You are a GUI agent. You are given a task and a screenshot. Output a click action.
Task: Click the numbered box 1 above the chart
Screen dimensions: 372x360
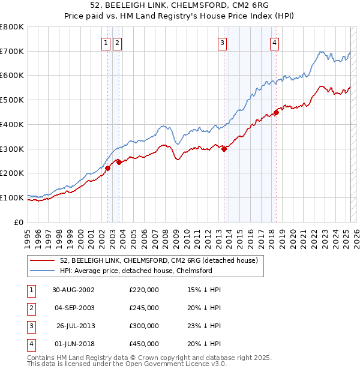[106, 43]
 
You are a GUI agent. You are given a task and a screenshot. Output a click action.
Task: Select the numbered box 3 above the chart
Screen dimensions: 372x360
[222, 43]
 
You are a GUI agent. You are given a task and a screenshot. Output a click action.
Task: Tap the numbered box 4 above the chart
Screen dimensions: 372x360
[274, 43]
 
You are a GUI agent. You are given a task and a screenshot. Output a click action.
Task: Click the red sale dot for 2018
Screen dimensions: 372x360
[277, 112]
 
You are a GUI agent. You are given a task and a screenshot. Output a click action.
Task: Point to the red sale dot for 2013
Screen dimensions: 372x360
[224, 149]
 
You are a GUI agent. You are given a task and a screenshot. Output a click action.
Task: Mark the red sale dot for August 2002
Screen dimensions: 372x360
[108, 169]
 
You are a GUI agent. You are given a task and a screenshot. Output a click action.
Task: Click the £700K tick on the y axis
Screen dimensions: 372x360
[12, 51]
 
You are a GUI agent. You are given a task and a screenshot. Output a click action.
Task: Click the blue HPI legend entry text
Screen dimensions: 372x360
[136, 271]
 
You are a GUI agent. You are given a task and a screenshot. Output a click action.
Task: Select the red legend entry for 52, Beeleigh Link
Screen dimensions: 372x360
[159, 260]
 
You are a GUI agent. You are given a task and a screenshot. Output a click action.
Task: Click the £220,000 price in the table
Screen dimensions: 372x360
[144, 289]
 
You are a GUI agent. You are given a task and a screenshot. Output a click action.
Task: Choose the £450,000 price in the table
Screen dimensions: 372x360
[144, 344]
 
